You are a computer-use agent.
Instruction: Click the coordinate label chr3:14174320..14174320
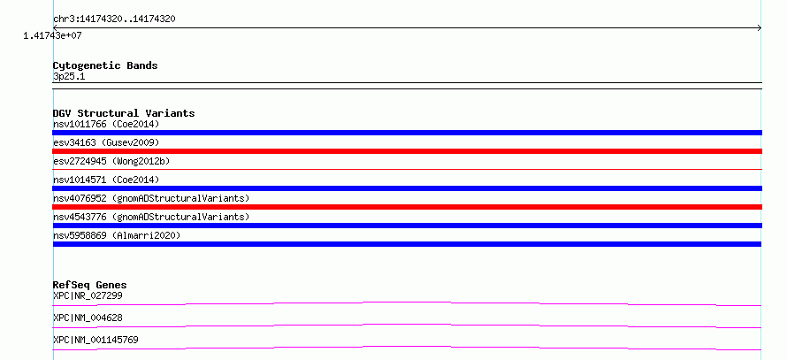[x=114, y=19]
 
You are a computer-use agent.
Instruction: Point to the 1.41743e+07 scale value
[x=52, y=36]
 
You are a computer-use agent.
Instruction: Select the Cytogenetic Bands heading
[x=105, y=65]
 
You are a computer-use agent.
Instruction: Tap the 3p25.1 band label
[x=69, y=77]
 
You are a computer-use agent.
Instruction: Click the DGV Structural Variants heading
[x=124, y=113]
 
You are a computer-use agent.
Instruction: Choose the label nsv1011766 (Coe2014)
[x=106, y=124]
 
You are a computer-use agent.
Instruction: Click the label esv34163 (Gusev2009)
[x=106, y=142]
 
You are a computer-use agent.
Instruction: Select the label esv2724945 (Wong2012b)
[x=111, y=161]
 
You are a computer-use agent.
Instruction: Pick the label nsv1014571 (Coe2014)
[x=106, y=180]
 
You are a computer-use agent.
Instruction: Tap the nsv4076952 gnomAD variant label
[x=151, y=198]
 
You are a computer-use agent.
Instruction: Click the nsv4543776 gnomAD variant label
[x=151, y=217]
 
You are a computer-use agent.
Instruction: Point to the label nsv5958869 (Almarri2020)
[x=117, y=235]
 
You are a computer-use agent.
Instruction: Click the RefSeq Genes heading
[x=90, y=285]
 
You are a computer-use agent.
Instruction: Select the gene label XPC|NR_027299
[x=88, y=295]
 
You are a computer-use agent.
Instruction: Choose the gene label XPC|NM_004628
[x=88, y=318]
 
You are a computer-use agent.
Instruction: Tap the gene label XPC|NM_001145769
[x=96, y=340]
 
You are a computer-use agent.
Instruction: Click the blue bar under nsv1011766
[x=407, y=133]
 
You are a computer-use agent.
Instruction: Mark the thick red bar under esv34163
[x=407, y=151]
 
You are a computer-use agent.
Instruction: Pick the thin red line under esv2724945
[x=407, y=170]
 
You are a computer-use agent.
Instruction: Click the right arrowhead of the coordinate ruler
[x=760, y=28]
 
